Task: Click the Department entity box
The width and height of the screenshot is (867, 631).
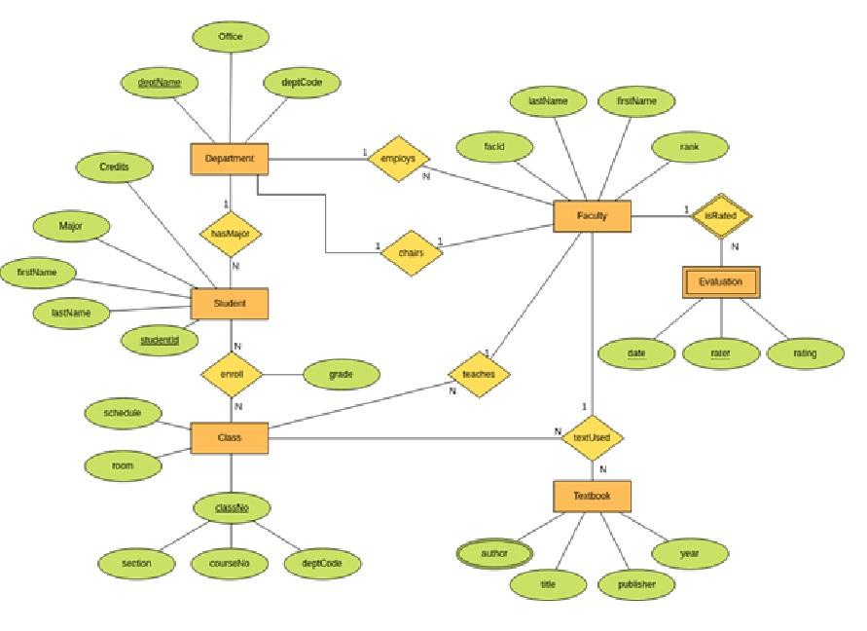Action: coord(230,159)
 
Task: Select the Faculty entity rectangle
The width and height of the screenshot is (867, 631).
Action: coord(592,216)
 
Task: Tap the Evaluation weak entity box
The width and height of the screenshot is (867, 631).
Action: coord(720,282)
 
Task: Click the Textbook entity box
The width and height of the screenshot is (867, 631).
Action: coord(592,496)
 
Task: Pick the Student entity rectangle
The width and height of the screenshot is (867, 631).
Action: coord(230,304)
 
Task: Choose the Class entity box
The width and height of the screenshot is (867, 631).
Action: coord(230,438)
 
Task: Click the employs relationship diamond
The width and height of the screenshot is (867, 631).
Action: coord(397,159)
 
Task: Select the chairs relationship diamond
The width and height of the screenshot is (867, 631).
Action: coord(411,253)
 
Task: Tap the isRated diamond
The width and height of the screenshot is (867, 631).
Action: coord(721,215)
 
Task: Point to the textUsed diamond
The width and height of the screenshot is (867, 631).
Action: coord(592,438)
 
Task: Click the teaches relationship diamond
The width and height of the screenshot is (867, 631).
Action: coord(479,374)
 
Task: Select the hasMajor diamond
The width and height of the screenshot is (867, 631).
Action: coord(231,234)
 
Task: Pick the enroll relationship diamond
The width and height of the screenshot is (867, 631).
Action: coord(232,374)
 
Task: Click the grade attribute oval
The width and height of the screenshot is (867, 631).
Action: coord(341,374)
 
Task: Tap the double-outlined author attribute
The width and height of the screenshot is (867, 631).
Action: coord(494,553)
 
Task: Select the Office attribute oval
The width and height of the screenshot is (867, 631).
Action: coord(231,37)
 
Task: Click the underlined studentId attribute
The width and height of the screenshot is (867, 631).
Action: coord(160,340)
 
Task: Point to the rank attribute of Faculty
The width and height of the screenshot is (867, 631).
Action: coord(689,147)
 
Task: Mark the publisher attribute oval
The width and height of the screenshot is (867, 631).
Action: coord(636,584)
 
